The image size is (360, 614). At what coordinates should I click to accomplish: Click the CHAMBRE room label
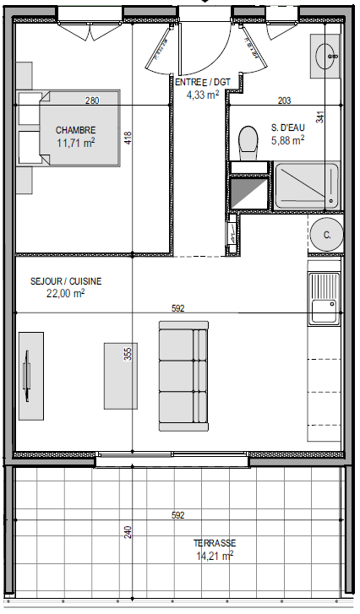[75, 130]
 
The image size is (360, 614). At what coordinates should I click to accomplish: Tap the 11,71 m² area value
[75, 143]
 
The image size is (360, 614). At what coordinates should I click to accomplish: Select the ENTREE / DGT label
[203, 83]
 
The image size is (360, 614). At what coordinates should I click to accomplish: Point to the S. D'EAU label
[288, 128]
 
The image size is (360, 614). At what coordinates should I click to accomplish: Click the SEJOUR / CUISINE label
[66, 281]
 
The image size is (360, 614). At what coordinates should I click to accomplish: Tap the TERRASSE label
[215, 543]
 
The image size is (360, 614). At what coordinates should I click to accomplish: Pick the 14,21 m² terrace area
[215, 556]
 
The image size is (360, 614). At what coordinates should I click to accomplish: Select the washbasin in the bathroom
[325, 56]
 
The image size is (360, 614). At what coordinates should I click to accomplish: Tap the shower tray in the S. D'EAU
[306, 186]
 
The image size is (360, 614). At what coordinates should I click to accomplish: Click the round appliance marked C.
[327, 235]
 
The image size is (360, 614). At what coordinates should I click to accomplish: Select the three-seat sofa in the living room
[183, 376]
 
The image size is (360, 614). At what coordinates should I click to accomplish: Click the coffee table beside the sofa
[121, 376]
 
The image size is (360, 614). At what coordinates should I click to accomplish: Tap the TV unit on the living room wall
[31, 376]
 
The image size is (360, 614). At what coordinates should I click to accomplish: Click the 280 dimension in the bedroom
[92, 101]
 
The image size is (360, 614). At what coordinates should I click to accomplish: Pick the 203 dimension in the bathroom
[285, 101]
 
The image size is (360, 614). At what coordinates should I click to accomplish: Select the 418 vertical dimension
[128, 139]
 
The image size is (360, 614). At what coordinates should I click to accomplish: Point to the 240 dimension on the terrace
[128, 531]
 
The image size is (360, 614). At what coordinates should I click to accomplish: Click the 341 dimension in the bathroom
[320, 117]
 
